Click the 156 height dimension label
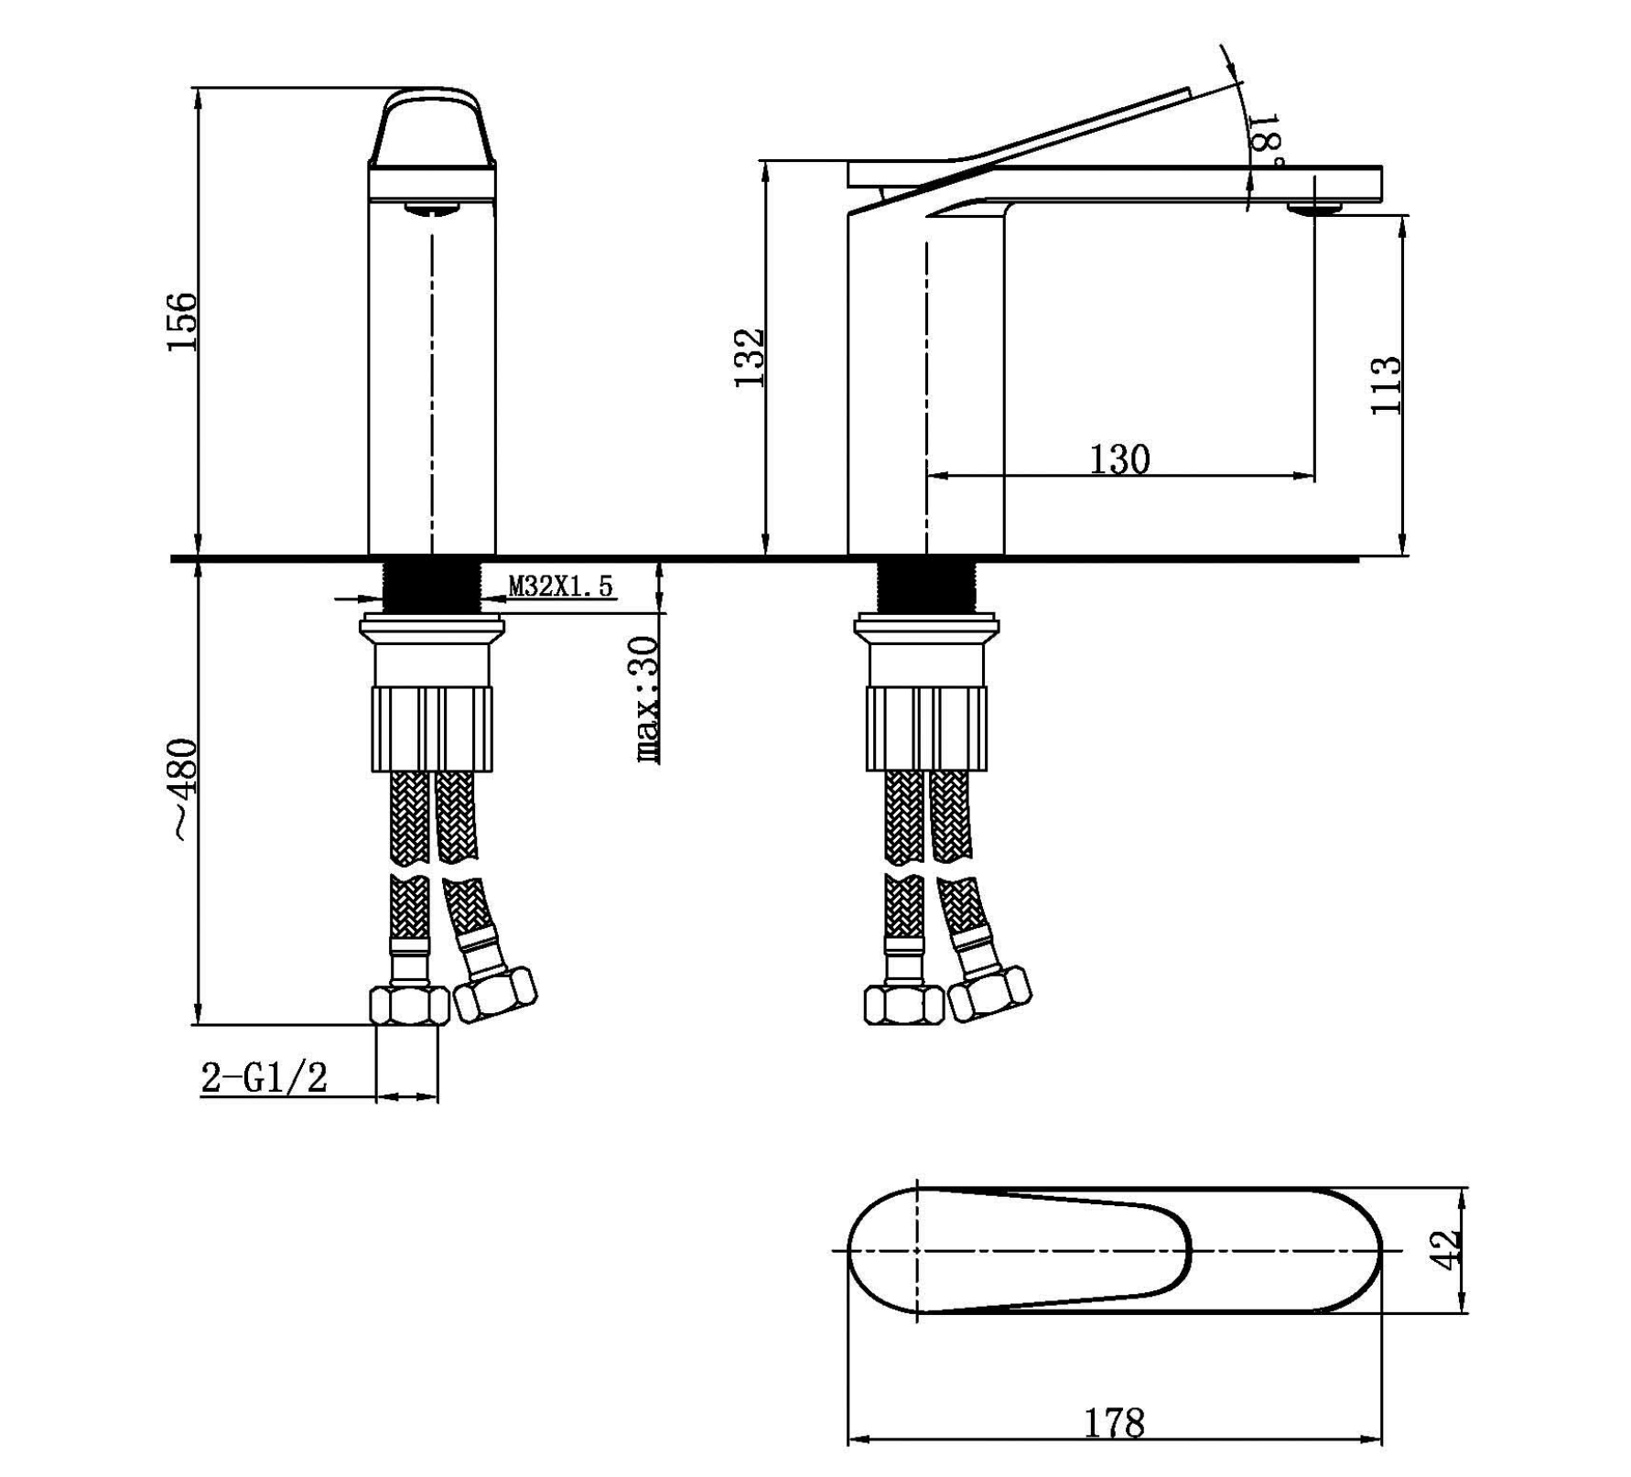pyautogui.click(x=181, y=320)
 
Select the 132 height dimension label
pyautogui.click(x=749, y=357)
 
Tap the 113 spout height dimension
pyautogui.click(x=1386, y=384)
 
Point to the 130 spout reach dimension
pyautogui.click(x=1118, y=459)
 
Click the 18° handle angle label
pyautogui.click(x=1265, y=137)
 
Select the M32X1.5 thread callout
pyautogui.click(x=560, y=586)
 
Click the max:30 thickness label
pyautogui.click(x=646, y=700)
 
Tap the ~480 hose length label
pyautogui.click(x=183, y=789)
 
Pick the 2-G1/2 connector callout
pyautogui.click(x=264, y=1078)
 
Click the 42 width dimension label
pyautogui.click(x=1444, y=1250)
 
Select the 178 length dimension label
pyautogui.click(x=1114, y=1422)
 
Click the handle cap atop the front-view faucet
pyautogui.click(x=431, y=128)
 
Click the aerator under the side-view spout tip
pyautogui.click(x=1314, y=210)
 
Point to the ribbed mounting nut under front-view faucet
pyautogui.click(x=431, y=729)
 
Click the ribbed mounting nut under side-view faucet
pyautogui.click(x=925, y=729)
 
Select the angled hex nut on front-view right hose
pyautogui.click(x=495, y=995)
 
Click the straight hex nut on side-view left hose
pyautogui.click(x=903, y=1005)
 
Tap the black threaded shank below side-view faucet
pyautogui.click(x=925, y=586)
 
